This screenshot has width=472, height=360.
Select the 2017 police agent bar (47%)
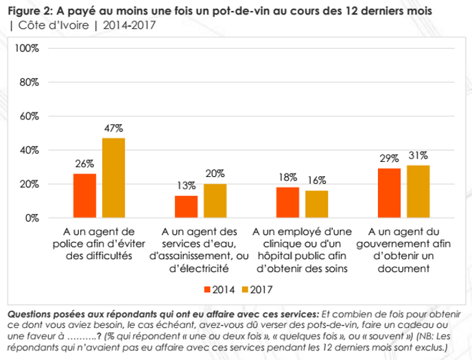tap(113, 178)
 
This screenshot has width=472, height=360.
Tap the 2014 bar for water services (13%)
tap(186, 206)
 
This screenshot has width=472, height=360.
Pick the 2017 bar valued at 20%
tap(215, 201)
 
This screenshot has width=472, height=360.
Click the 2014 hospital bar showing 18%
tap(287, 202)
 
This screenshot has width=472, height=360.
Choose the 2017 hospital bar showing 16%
tap(316, 204)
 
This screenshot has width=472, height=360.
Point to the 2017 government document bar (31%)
tap(418, 191)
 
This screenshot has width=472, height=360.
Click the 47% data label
tap(113, 128)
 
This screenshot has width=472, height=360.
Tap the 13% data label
tap(186, 185)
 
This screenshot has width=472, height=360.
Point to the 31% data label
tap(418, 155)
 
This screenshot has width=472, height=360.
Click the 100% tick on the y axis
tap(27, 49)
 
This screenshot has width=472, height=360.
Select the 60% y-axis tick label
tap(29, 117)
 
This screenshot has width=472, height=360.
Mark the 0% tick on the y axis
tap(32, 218)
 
